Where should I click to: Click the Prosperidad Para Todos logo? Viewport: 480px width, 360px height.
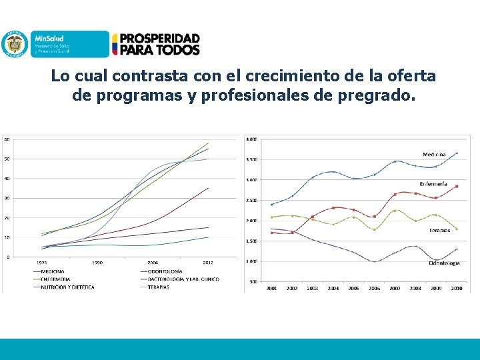(155, 44)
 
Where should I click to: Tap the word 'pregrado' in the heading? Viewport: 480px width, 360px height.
(381, 95)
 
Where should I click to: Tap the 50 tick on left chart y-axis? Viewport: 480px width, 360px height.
(7, 159)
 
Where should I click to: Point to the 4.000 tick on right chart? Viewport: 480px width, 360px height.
(252, 139)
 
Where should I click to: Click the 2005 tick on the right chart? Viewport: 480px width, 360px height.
(354, 288)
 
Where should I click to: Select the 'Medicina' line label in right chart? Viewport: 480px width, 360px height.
(434, 155)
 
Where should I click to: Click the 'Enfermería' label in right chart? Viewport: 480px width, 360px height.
(433, 183)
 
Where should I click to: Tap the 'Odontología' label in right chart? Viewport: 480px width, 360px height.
(443, 263)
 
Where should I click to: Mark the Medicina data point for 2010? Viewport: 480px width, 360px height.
(457, 153)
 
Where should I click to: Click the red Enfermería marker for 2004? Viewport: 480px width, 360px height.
(333, 207)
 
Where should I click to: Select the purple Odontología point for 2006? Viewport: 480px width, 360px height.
(375, 261)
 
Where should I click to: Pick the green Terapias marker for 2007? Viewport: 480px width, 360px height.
(395, 210)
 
